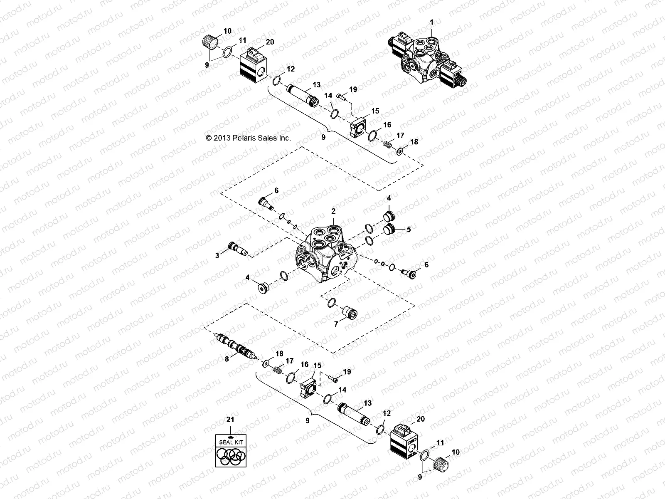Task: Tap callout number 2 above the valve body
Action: point(333,211)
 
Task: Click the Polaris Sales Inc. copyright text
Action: point(248,138)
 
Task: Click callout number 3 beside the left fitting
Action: point(217,255)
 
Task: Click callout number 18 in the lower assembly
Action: point(279,353)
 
